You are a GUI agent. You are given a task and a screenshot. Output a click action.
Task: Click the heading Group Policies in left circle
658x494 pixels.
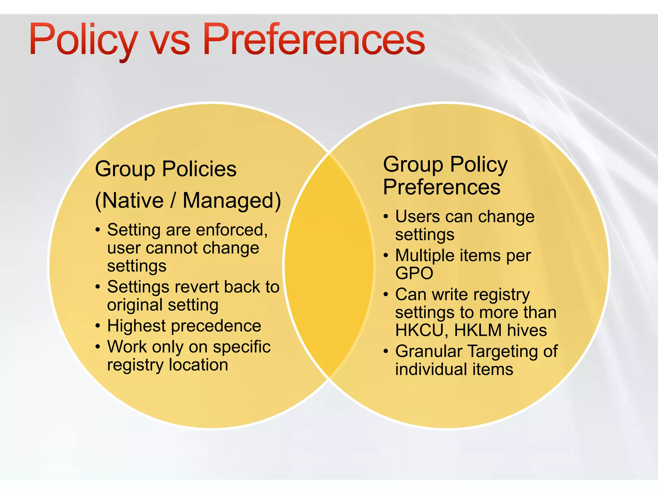pyautogui.click(x=166, y=169)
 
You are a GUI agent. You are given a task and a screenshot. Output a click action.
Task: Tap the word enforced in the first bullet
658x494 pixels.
pyautogui.click(x=231, y=230)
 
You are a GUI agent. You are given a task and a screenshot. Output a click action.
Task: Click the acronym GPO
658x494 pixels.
pyautogui.click(x=414, y=273)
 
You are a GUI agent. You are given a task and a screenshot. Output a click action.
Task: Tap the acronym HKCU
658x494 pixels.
pyautogui.click(x=419, y=330)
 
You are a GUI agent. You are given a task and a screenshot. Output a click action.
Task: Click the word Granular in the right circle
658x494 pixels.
pyautogui.click(x=429, y=352)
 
